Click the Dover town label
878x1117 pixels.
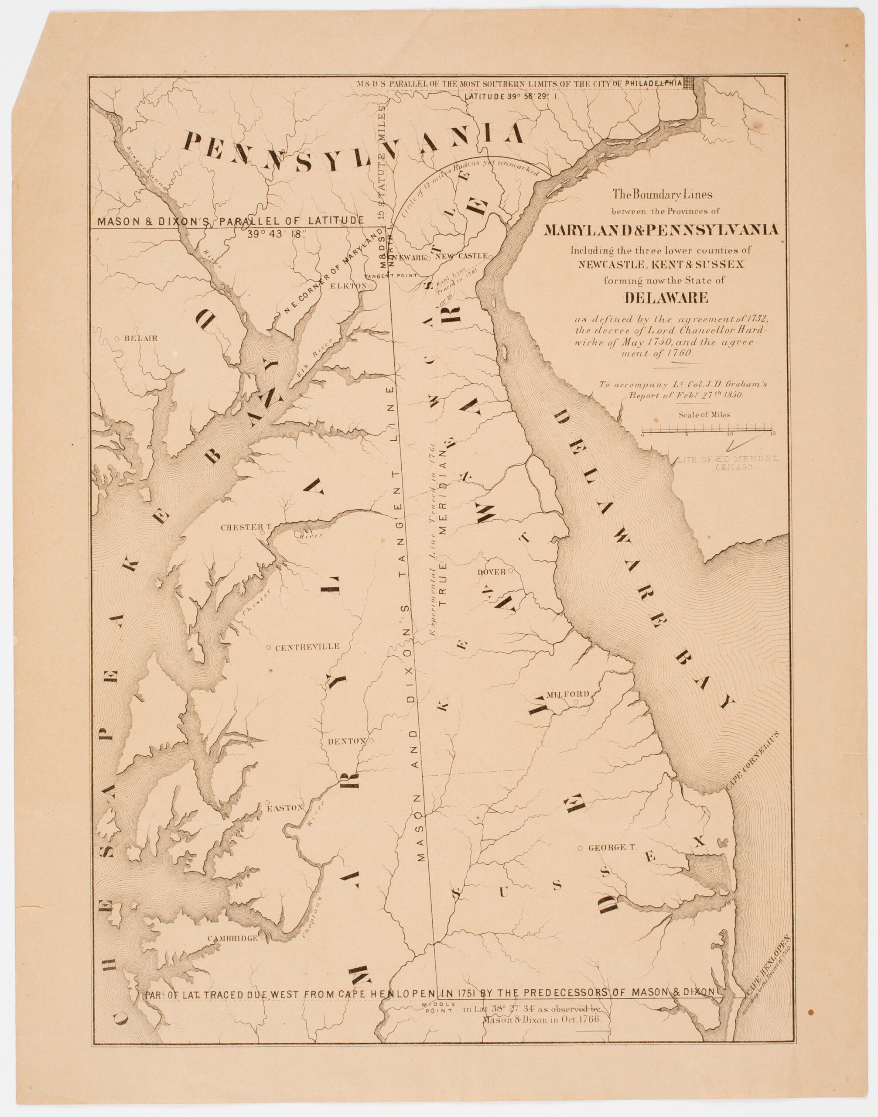coord(492,571)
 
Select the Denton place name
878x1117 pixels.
coord(346,741)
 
